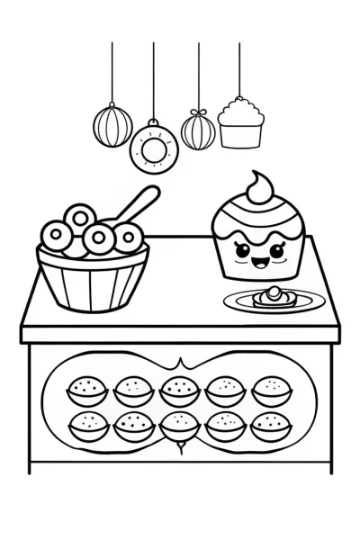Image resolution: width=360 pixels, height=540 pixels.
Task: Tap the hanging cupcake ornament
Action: pos(239,125)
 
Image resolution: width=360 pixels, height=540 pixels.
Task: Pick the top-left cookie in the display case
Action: pos(85,391)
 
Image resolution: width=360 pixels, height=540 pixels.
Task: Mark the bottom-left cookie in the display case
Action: pos(85,423)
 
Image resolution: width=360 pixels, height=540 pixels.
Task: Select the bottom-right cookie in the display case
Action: pos(268,423)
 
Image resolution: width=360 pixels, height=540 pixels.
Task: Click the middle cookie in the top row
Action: pos(177,391)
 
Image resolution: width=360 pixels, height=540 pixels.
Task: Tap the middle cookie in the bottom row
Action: pos(177,423)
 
